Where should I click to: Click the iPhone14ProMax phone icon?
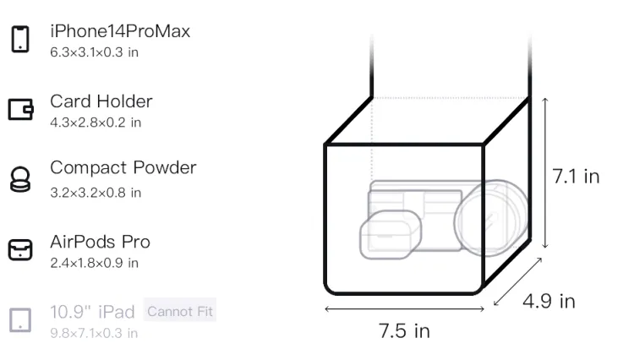(x=20, y=39)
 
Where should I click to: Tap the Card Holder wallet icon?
(x=20, y=109)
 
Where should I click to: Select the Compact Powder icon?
(x=20, y=179)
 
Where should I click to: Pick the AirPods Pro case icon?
(x=20, y=249)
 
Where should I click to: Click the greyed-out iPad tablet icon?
(x=20, y=319)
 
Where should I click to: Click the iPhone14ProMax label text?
(x=120, y=31)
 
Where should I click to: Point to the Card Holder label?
(x=101, y=101)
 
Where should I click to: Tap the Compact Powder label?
(x=123, y=167)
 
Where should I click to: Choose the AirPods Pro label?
(x=101, y=242)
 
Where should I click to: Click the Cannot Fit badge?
(x=180, y=311)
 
